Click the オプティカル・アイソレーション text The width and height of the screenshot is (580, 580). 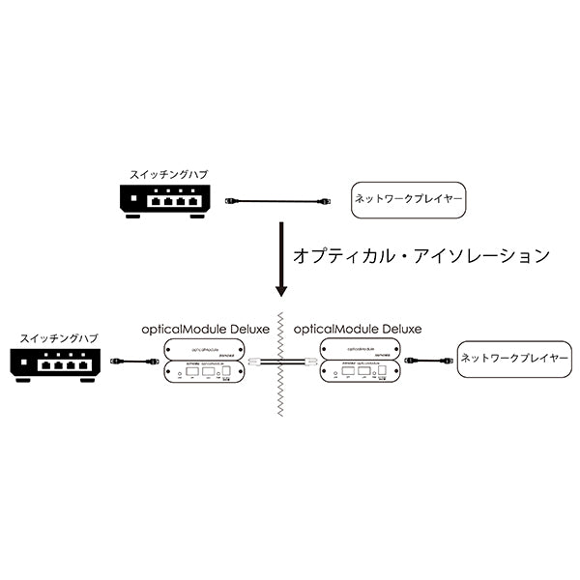(420, 256)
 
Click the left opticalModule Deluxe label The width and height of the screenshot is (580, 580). (205, 329)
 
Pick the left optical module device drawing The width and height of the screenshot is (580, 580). (204, 371)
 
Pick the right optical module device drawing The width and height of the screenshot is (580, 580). (357, 371)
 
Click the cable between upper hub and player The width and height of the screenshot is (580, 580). (280, 201)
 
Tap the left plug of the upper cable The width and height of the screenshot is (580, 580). (231, 201)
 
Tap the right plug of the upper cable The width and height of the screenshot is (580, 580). (327, 201)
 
